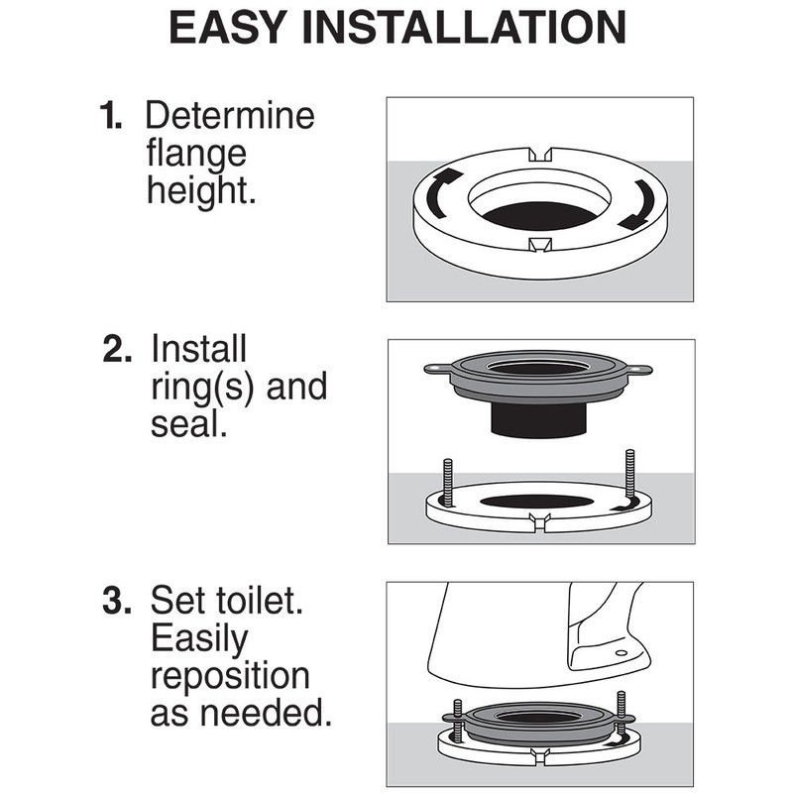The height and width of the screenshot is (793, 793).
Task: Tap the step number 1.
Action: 110,117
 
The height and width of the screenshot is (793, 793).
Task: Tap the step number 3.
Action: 117,601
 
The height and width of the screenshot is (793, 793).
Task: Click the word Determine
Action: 230,117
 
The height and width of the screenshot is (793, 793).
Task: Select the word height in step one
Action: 201,191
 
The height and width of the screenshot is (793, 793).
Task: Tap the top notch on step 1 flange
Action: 540,155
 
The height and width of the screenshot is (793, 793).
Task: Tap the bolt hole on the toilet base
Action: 622,653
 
